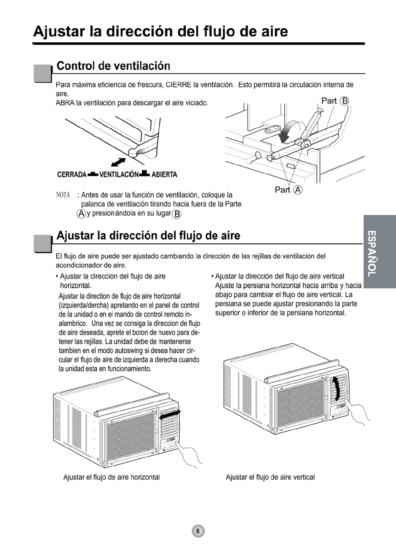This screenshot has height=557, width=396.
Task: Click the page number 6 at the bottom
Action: [198, 531]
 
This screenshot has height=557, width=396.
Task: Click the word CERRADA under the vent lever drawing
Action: [72, 175]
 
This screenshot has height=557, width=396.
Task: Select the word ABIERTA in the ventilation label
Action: [164, 175]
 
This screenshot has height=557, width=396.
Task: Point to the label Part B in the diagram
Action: [335, 101]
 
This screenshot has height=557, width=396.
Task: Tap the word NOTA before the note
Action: [63, 195]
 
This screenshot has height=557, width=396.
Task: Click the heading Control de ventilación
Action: [113, 66]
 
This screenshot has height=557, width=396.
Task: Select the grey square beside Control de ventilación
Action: [42, 73]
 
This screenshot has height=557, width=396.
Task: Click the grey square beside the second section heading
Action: [42, 243]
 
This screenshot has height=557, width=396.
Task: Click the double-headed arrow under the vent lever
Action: [119, 162]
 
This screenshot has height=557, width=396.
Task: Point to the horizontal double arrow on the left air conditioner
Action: [170, 415]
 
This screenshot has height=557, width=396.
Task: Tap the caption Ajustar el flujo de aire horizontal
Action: [111, 477]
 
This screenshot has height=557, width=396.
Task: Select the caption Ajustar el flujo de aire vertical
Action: [270, 477]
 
